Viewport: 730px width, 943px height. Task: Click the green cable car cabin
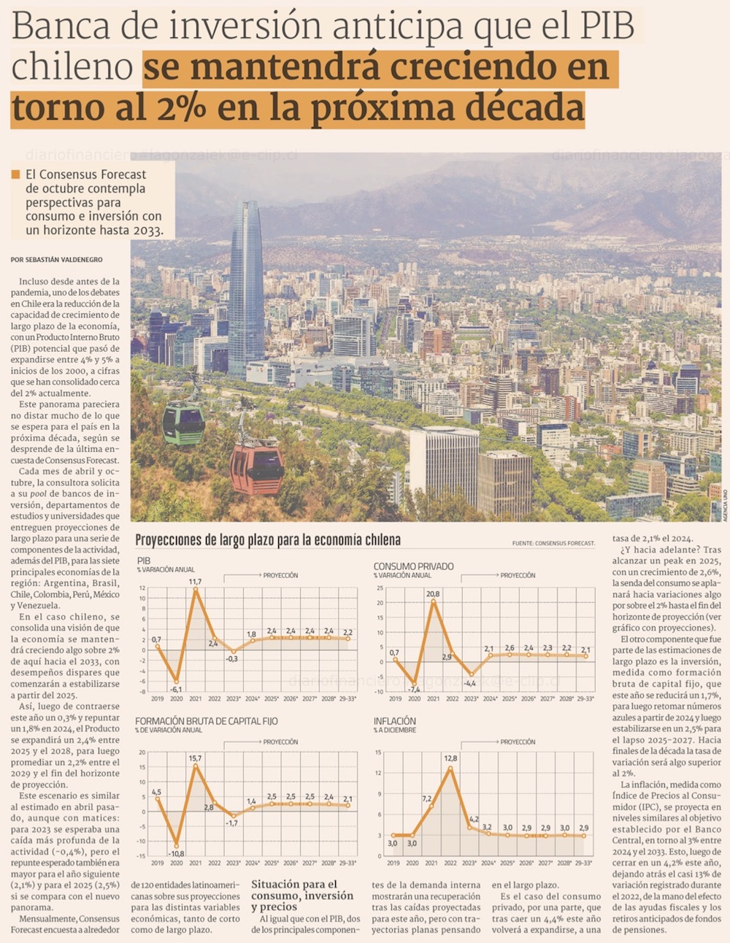click(x=183, y=423)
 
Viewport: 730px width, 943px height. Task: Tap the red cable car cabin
click(x=256, y=469)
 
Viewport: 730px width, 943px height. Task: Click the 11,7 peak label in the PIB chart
click(x=195, y=582)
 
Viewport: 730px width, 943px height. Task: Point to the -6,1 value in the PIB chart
click(x=176, y=688)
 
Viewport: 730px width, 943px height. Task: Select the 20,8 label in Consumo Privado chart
click(x=433, y=594)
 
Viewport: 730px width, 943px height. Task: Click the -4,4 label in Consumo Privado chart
click(x=470, y=683)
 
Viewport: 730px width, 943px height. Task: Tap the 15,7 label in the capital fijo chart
click(x=195, y=758)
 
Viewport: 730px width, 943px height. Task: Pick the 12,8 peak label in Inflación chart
click(x=450, y=759)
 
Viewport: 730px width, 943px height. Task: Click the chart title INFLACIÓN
click(x=395, y=720)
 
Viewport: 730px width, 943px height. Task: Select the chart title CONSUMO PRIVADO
click(x=414, y=566)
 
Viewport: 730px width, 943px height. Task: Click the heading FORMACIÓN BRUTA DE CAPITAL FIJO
click(x=207, y=720)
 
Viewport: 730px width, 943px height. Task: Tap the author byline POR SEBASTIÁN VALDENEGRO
click(x=57, y=260)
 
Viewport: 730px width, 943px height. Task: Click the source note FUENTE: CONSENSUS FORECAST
click(x=553, y=543)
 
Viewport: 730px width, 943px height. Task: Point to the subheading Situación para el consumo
click(x=302, y=895)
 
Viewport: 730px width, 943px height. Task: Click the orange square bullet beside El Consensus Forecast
click(x=15, y=174)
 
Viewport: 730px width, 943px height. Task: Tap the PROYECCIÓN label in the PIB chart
click(x=280, y=575)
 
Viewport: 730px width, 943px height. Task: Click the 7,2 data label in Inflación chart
click(x=427, y=798)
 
